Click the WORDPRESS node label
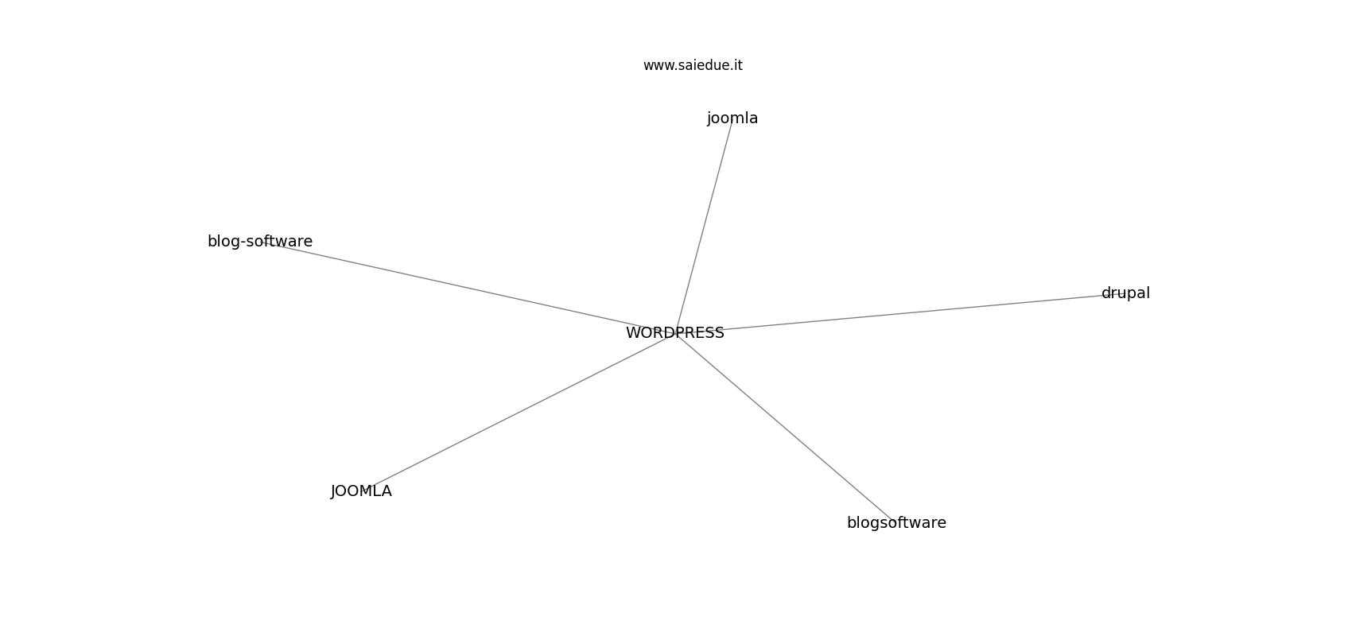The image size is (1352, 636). pos(674,333)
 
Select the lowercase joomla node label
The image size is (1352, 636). pos(732,118)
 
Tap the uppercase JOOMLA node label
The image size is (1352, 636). pos(361,491)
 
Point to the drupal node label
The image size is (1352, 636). pos(1125,293)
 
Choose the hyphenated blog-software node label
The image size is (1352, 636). pos(260,242)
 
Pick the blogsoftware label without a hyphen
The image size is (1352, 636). pos(896,522)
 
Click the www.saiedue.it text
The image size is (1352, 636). pos(693,65)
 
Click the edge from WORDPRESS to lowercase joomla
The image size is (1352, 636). pos(705,226)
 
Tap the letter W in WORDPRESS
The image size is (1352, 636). pos(633,333)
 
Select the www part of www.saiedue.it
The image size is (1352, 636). pos(657,66)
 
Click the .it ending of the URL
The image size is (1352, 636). pos(736,65)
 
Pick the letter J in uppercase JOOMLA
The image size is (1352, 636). pos(333,492)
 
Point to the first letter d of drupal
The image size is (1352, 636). pos(1105,293)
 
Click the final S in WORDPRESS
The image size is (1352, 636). pos(720,333)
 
